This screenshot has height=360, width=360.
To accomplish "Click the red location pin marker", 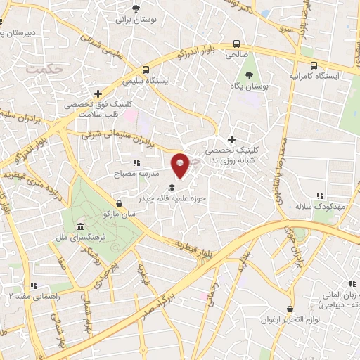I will point(181,165).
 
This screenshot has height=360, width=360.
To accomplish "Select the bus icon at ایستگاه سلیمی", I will point(146,70).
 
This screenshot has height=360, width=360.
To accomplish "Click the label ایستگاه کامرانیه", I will point(314,75).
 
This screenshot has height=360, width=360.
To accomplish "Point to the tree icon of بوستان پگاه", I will point(248,75).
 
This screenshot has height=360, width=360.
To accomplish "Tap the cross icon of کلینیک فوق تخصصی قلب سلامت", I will point(98,93).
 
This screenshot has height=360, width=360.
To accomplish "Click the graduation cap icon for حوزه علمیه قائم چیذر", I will point(171,188).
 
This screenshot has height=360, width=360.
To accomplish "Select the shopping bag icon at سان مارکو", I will point(119,203).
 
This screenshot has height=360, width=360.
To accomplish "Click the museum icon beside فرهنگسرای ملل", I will point(82,228).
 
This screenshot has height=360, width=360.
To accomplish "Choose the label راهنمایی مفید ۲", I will point(33,297).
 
